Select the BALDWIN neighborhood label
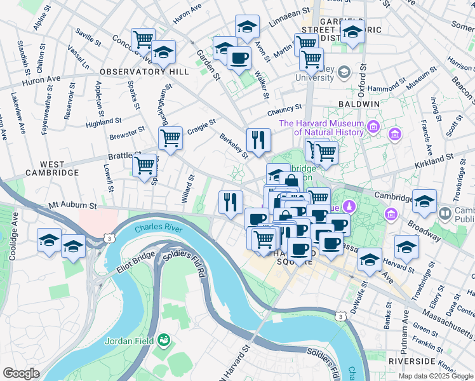pos(359,104)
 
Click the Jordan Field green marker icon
pos(164,340)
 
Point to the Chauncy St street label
pos(283,112)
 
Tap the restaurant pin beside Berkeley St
pos(258,140)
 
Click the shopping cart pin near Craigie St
pos(170,138)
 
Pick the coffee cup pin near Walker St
pos(239,58)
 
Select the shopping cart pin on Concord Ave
pos(143,39)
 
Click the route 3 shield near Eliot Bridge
pos(110,237)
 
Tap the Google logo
pos(21,373)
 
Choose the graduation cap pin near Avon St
pos(247,27)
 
